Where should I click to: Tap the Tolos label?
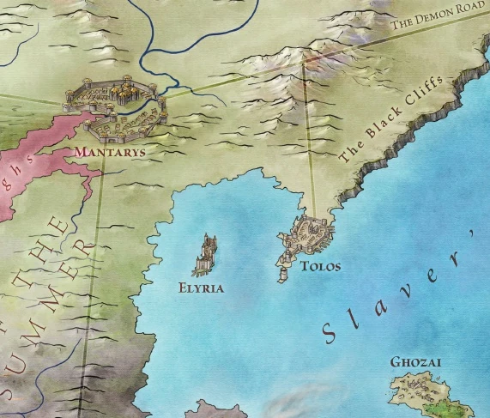click(x=320, y=267)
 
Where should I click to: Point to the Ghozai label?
click(x=415, y=363)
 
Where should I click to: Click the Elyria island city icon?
click(x=208, y=255)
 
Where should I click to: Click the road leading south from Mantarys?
click(x=95, y=257)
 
